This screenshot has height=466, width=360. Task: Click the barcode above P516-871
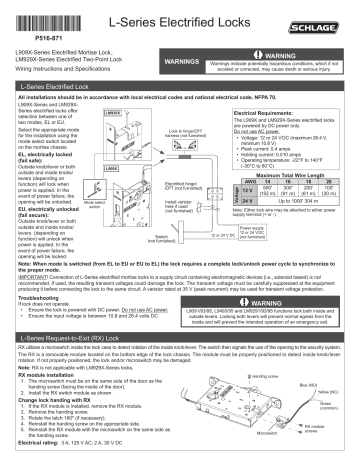point(39,13)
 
